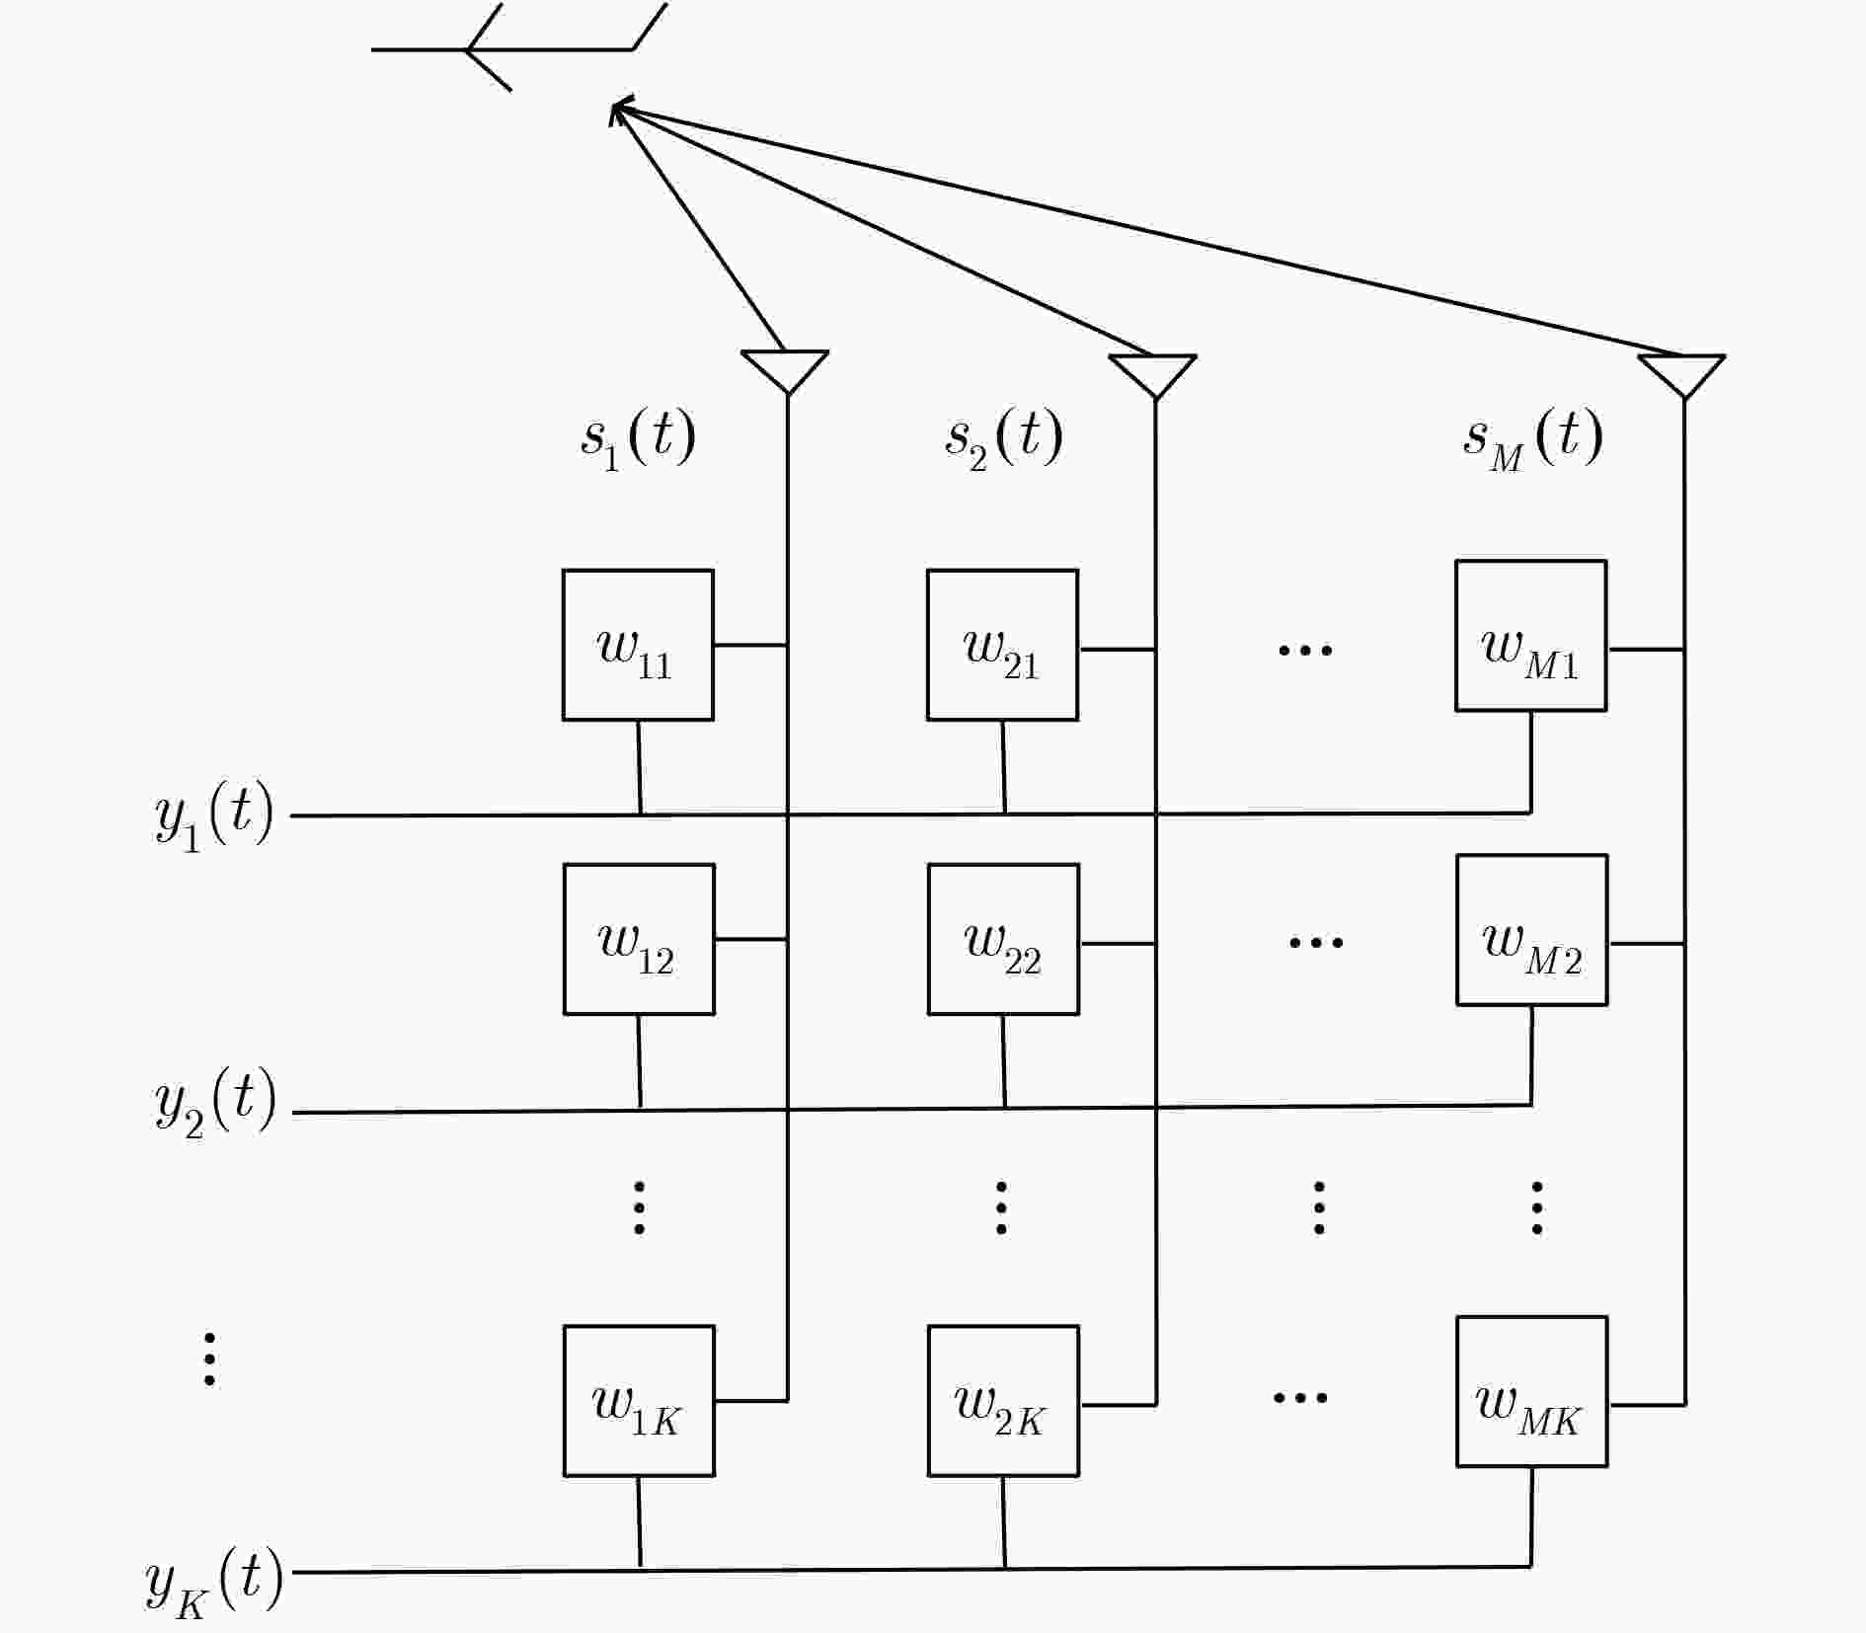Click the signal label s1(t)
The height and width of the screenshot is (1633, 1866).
(x=639, y=438)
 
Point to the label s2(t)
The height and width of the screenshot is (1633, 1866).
(x=1004, y=438)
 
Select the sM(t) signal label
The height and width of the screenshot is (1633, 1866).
(x=1533, y=438)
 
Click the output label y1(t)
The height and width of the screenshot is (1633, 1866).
(x=214, y=816)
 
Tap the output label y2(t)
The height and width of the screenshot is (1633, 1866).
(x=215, y=1104)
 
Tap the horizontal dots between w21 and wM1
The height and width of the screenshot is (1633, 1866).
(x=1305, y=650)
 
